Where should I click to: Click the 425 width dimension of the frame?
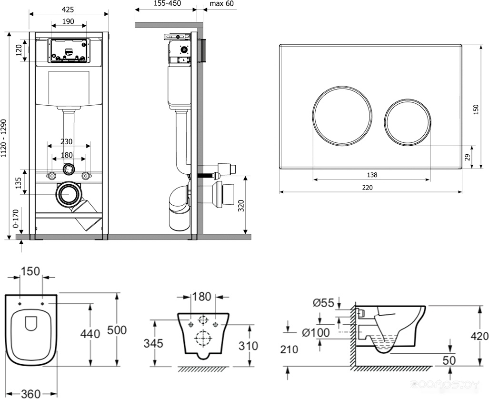(68, 10)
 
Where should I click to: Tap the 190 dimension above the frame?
(68, 21)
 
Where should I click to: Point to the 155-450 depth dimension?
(168, 3)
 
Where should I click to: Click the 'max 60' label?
(221, 3)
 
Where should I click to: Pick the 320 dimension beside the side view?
(241, 206)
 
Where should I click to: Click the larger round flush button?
(342, 115)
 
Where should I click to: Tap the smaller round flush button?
(408, 122)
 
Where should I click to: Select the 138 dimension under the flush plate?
(372, 175)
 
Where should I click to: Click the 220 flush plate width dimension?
(368, 188)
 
